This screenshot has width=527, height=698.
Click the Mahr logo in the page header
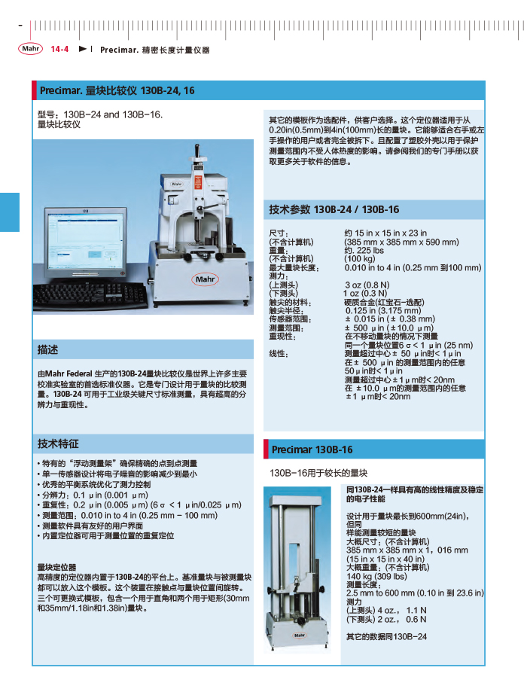coord(31,49)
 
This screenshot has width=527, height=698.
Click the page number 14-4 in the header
coord(60,50)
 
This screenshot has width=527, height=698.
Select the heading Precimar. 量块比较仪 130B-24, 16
coord(117,90)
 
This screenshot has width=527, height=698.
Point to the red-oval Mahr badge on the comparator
coord(206,279)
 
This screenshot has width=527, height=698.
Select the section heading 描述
coord(48,350)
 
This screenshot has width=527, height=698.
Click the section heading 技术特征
coord(58,443)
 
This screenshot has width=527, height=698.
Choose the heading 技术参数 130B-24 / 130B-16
coord(334,209)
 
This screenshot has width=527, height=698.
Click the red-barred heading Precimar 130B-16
coord(312,450)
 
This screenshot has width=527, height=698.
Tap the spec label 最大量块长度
coord(294,267)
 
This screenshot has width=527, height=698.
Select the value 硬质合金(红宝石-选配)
coord(384,302)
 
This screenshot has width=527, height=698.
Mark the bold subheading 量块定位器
coord(57,567)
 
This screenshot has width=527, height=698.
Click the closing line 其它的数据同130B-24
coord(386,636)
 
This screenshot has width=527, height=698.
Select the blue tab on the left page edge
coord(10,212)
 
